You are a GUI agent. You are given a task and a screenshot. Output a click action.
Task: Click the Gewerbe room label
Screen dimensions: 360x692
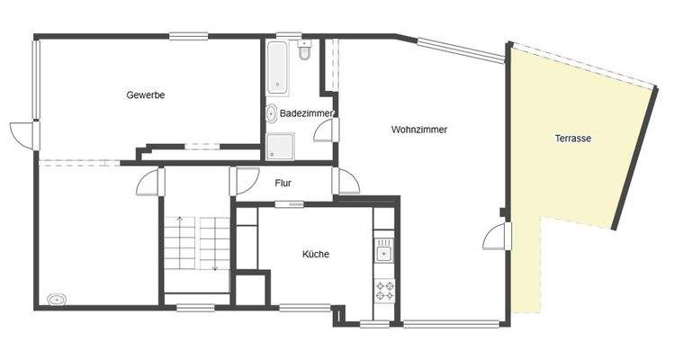pos(146,95)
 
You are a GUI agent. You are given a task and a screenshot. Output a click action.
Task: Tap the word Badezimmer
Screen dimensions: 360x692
pos(307,114)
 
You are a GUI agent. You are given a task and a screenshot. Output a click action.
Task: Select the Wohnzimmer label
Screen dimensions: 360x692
pos(419,130)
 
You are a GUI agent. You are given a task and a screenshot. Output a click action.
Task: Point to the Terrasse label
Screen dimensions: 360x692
pos(572,139)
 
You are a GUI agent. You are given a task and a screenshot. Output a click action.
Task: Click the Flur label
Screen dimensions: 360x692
pos(283,184)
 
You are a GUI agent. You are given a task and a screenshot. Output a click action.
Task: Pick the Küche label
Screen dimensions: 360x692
pos(316,255)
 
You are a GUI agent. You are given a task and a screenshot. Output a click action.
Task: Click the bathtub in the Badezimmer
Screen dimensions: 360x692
pos(277,67)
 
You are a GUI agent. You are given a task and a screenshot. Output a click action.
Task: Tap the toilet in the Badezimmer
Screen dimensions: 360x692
pos(304,56)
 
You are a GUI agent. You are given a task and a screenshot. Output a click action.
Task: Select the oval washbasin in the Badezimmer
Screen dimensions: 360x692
pos(271,113)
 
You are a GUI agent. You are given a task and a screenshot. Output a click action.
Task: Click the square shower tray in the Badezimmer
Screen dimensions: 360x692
pos(280,145)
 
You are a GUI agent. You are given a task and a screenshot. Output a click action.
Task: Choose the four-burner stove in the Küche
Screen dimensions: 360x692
pos(384,290)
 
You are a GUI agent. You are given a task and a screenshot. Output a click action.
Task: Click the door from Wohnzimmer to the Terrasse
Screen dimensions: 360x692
pos(494,236)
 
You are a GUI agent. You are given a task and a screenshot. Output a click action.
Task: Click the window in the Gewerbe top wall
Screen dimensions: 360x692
pos(188,36)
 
